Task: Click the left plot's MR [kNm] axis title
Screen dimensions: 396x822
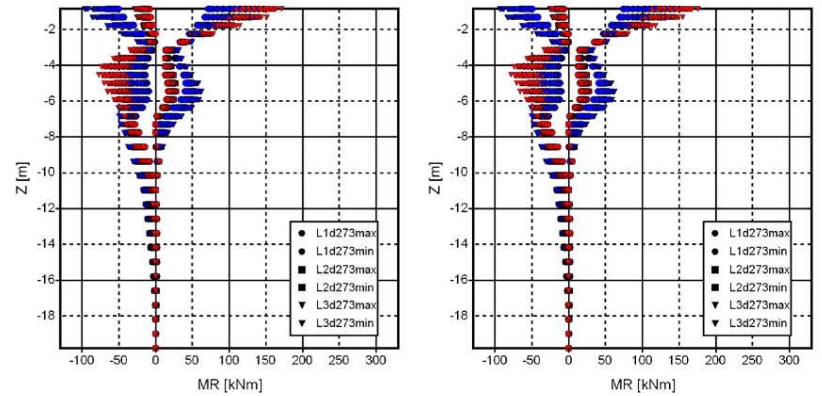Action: pos(230,385)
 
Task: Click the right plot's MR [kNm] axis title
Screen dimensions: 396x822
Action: pos(643,385)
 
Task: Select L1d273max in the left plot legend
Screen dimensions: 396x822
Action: pos(346,233)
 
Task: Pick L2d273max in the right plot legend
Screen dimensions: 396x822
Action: pos(759,270)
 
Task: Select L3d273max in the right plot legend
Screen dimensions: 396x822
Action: pos(759,305)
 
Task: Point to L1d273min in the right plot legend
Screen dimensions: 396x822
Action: pos(758,251)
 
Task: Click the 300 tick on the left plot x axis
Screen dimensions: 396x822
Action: pos(376,361)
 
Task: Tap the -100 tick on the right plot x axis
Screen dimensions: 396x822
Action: pos(494,361)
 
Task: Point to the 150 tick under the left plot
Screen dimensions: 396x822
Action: pos(265,361)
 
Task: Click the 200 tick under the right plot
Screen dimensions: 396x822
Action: pos(715,361)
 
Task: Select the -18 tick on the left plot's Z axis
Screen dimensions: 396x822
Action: pos(46,316)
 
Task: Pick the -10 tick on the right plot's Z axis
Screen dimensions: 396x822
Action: pos(460,173)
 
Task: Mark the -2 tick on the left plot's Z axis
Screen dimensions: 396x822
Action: pos(49,30)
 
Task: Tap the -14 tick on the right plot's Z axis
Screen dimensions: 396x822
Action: pos(460,244)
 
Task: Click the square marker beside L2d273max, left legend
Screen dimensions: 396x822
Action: pos(302,270)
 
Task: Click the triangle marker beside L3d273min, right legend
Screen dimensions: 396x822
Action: pos(715,323)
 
